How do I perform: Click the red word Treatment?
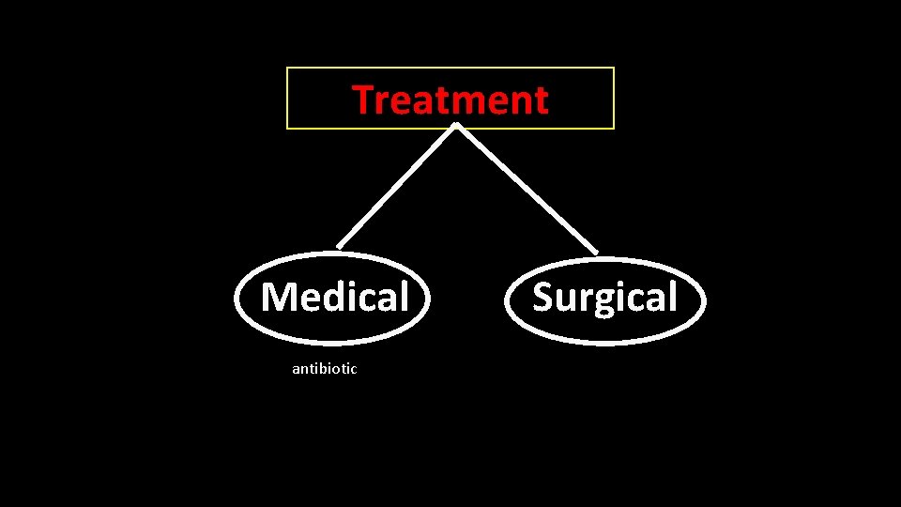pyautogui.click(x=450, y=100)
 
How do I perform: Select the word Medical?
pyautogui.click(x=335, y=298)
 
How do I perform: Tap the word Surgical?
pyautogui.click(x=604, y=298)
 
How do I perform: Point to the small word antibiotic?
pyautogui.click(x=324, y=369)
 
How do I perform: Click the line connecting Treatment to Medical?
pyautogui.click(x=396, y=187)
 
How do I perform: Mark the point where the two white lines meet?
pyautogui.click(x=455, y=126)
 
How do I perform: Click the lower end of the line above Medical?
pyautogui.click(x=339, y=247)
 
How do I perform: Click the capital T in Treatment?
pyautogui.click(x=363, y=100)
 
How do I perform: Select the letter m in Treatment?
pyautogui.click(x=469, y=102)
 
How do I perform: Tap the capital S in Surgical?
pyautogui.click(x=543, y=298)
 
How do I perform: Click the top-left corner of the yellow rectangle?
pyautogui.click(x=287, y=68)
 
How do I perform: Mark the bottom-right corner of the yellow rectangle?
pyautogui.click(x=614, y=128)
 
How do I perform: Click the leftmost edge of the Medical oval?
pyautogui.click(x=236, y=299)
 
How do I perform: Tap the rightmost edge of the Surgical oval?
pyautogui.click(x=704, y=300)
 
